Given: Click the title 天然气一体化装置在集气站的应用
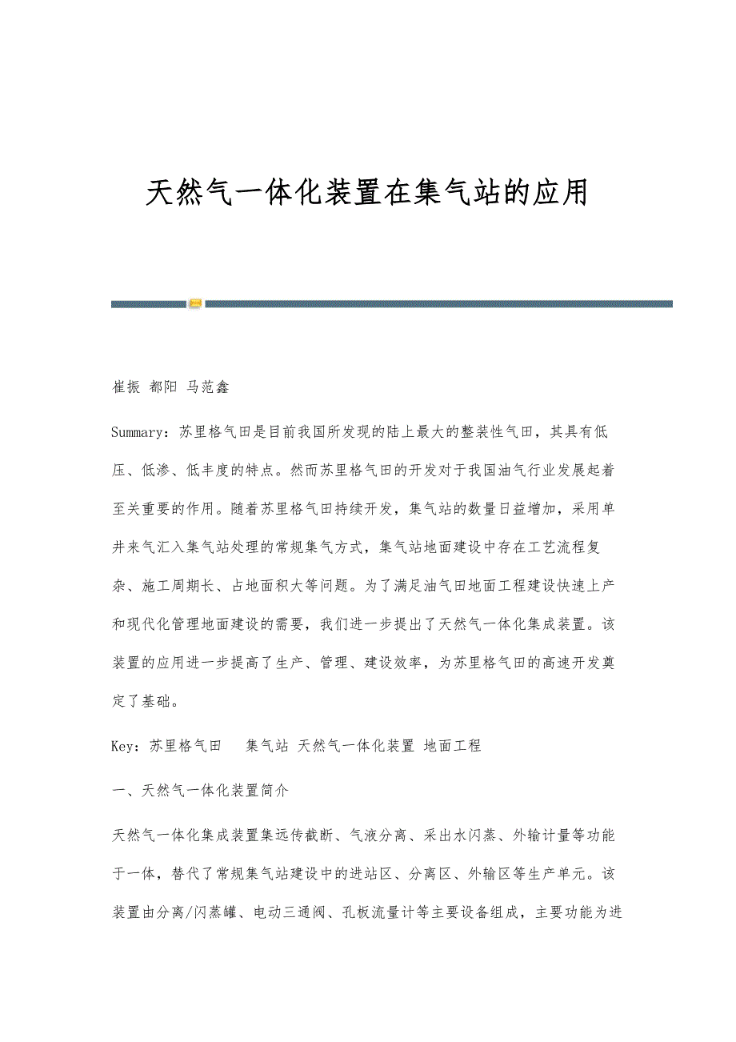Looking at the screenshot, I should point(367,194).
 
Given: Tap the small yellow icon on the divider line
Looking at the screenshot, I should point(195,303).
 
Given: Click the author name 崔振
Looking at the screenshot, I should point(126,387).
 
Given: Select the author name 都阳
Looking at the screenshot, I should point(164,387).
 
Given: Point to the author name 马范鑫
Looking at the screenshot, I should point(208,387).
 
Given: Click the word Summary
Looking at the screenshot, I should point(139,432).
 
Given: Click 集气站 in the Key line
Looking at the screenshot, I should point(267,746).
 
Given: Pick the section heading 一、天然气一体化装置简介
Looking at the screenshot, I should point(201,791).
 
